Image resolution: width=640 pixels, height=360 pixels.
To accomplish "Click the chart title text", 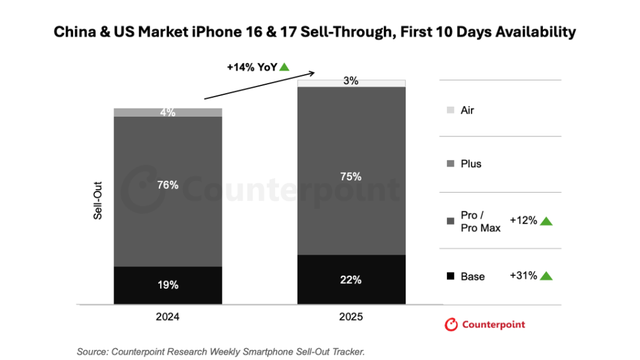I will click(x=320, y=32).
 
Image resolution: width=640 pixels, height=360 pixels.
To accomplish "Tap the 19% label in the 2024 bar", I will click(x=167, y=284).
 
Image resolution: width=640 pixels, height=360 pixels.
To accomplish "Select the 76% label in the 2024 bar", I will click(x=167, y=184).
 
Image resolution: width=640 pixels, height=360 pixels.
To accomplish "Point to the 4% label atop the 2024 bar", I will click(x=167, y=113).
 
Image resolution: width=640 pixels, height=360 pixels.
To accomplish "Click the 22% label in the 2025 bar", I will click(x=350, y=279).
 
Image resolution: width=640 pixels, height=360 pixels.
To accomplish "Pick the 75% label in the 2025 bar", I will click(x=350, y=177).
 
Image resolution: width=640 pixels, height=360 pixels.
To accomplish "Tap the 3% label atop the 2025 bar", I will click(x=350, y=81).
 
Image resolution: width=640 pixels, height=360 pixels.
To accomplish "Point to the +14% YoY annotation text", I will click(x=251, y=67).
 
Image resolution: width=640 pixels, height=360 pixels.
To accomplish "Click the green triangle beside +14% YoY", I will click(x=284, y=67).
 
